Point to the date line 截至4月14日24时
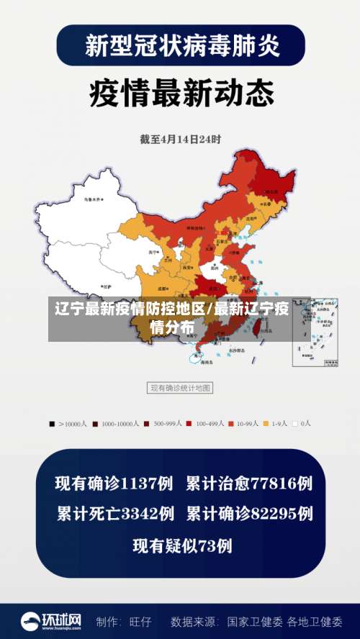(181, 139)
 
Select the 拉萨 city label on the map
(106, 286)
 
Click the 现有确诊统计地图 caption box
(180, 388)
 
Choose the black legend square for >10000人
(52, 424)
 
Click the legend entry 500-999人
(168, 424)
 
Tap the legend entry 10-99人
(248, 424)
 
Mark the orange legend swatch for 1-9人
(266, 424)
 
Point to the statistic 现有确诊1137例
(114, 483)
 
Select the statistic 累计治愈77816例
(249, 483)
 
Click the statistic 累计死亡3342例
(114, 514)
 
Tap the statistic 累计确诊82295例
(249, 514)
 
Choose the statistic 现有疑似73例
(182, 545)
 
